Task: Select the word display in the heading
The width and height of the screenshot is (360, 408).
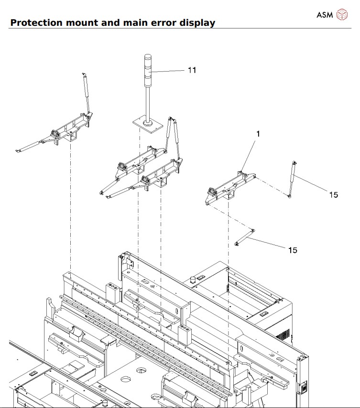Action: pyautogui.click(x=196, y=22)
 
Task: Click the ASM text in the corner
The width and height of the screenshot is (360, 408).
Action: pyautogui.click(x=325, y=14)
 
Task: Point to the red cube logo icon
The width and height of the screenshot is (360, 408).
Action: pyautogui.click(x=342, y=14)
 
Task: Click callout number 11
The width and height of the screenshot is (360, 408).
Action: pyautogui.click(x=192, y=70)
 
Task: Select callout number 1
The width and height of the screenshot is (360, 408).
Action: pyautogui.click(x=258, y=134)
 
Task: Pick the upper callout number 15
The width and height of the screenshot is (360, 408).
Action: pyautogui.click(x=333, y=194)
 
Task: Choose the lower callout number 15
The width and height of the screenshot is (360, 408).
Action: pyautogui.click(x=292, y=250)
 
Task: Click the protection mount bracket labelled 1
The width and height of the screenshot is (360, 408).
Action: pyautogui.click(x=229, y=186)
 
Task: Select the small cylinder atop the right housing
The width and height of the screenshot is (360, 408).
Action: pyautogui.click(x=194, y=279)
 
